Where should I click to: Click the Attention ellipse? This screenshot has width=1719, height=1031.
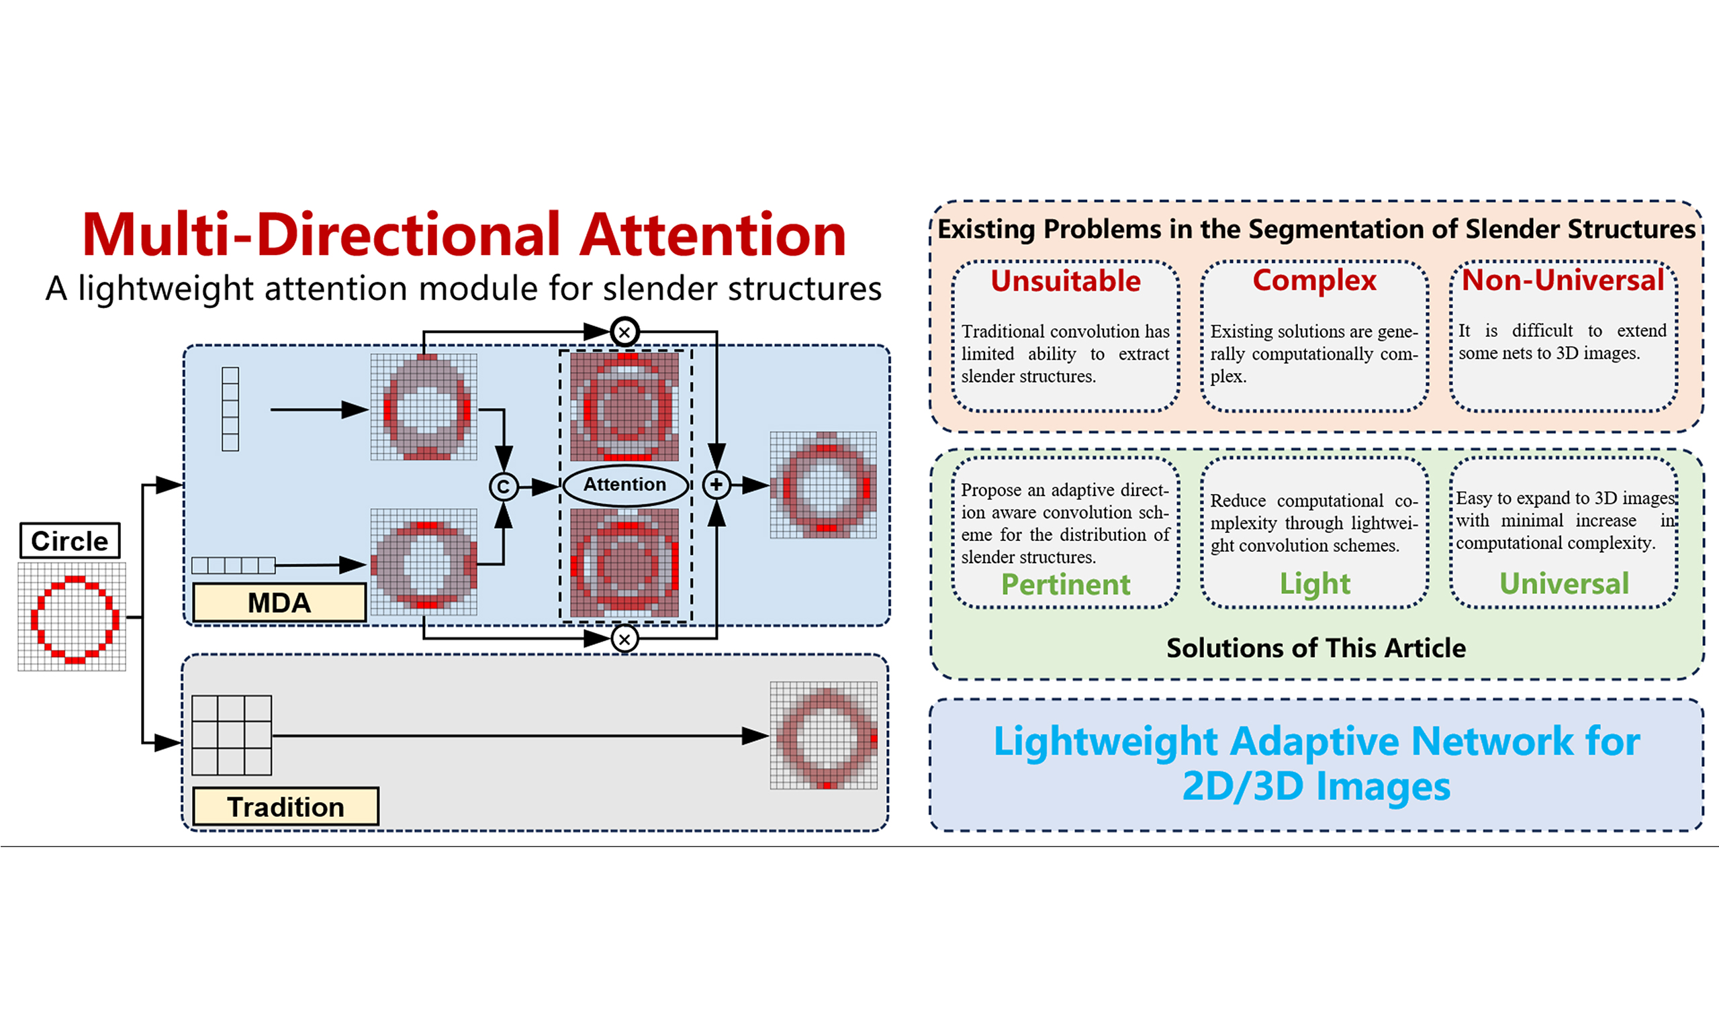click(624, 485)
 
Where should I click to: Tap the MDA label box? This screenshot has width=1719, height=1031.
click(279, 602)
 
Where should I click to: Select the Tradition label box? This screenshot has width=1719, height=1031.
click(285, 807)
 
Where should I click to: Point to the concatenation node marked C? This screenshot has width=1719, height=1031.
click(503, 487)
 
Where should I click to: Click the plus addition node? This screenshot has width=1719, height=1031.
click(716, 485)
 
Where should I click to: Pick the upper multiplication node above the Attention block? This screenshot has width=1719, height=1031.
click(624, 332)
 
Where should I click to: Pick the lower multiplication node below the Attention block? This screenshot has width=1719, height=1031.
click(624, 638)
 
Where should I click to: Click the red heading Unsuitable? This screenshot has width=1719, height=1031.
click(1065, 281)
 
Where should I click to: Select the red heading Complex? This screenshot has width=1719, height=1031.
click(1314, 281)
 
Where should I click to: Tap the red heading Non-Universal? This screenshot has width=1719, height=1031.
click(1563, 281)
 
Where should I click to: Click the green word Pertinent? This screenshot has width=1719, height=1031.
click(1065, 584)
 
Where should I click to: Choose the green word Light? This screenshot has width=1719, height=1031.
click(1315, 583)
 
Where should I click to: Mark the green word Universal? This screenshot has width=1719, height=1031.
click(1563, 583)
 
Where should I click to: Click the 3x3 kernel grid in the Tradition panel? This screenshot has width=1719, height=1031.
click(232, 735)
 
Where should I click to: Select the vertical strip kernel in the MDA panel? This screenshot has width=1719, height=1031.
click(230, 409)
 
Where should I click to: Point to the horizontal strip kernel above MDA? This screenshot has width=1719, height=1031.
click(234, 564)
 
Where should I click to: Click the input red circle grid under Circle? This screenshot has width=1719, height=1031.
click(73, 617)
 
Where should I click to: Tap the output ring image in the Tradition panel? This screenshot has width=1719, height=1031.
click(823, 735)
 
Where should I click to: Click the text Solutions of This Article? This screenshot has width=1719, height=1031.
click(1316, 648)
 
